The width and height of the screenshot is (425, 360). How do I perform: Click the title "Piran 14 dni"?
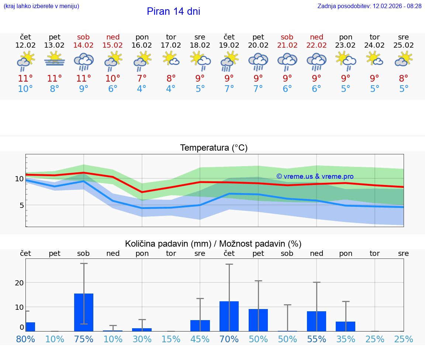[x=173, y=11]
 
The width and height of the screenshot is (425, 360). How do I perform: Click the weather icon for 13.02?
[x=55, y=59]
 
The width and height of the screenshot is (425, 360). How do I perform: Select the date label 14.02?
[x=83, y=45]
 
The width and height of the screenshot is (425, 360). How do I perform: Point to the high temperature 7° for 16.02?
[x=142, y=79]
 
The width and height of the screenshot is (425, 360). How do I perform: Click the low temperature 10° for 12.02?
[x=25, y=89]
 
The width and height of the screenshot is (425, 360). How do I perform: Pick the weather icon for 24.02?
[x=374, y=59]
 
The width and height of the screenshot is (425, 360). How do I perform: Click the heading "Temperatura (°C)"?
[x=214, y=148]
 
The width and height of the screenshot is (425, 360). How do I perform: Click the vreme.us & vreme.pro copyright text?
[x=315, y=176]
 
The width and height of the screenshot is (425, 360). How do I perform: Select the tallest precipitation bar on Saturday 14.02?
[x=84, y=312]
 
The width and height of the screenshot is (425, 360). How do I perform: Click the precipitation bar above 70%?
[x=229, y=316]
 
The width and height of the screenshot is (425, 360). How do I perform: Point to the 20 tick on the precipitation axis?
[x=19, y=282]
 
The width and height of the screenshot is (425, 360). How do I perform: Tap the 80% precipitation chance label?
[x=25, y=339]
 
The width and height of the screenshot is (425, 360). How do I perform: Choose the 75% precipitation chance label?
[x=84, y=339]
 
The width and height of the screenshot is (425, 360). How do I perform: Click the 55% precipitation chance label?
[x=317, y=339]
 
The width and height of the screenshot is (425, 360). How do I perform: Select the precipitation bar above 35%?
[x=346, y=326]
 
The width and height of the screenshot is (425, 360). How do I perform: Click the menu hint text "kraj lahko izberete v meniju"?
[x=41, y=6]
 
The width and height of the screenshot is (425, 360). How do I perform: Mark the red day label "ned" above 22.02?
[x=317, y=37]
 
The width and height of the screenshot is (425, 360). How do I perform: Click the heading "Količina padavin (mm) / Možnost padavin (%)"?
[x=213, y=244]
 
